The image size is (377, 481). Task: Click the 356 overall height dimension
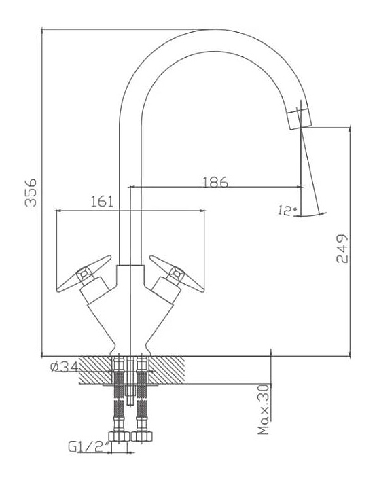[31, 192]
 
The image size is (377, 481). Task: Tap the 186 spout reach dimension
[215, 182]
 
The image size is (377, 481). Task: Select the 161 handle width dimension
[102, 202]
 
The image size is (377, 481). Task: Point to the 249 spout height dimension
[342, 249]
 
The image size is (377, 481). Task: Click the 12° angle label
[287, 210]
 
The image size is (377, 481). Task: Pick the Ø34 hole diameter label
[64, 367]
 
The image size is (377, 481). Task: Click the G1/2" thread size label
[89, 447]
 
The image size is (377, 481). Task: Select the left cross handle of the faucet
[84, 274]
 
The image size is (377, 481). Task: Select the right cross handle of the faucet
[177, 274]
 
